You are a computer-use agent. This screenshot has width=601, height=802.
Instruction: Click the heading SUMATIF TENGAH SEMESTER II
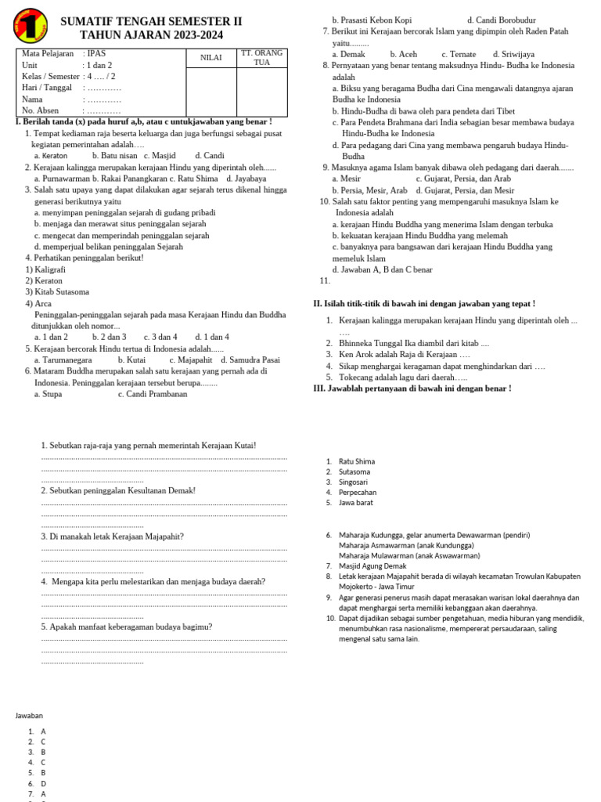(151, 21)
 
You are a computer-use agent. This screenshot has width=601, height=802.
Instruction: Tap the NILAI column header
(211, 58)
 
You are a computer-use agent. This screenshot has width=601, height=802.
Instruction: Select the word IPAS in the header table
(96, 54)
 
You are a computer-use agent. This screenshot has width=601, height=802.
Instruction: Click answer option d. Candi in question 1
(210, 156)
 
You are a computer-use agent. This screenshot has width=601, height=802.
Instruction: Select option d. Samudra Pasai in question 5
(250, 360)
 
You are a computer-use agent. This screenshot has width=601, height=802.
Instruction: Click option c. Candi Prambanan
(153, 394)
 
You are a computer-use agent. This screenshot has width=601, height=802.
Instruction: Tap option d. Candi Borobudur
(502, 20)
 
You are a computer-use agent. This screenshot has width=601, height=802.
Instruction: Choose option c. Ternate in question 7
(459, 54)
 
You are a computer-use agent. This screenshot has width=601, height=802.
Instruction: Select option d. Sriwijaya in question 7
(509, 54)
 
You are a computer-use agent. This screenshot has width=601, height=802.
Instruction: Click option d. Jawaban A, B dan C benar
(382, 269)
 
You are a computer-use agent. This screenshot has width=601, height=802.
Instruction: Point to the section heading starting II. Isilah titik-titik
(424, 303)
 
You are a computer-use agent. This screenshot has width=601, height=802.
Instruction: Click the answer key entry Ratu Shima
(357, 462)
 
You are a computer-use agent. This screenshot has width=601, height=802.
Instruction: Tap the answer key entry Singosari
(354, 482)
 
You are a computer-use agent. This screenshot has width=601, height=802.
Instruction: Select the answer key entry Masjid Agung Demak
(372, 565)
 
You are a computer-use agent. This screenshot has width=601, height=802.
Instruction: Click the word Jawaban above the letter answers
(29, 715)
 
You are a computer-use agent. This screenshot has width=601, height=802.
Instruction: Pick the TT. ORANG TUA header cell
(261, 57)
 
